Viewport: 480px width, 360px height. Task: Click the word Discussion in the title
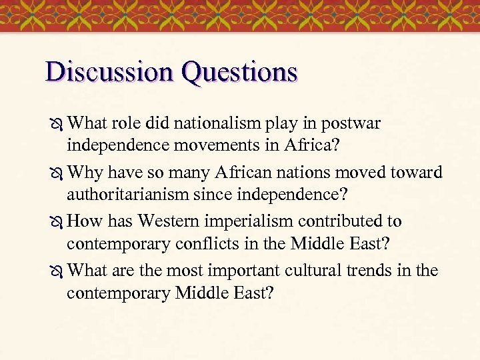109,72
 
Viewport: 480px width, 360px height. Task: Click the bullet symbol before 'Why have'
55,173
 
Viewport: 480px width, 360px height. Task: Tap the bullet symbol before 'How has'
55,222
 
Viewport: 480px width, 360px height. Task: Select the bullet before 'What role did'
55,124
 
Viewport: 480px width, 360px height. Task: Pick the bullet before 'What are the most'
55,271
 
